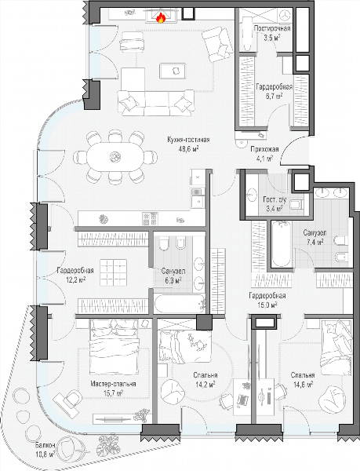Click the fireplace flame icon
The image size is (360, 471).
pos(161,18)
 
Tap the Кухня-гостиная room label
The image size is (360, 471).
pos(188,140)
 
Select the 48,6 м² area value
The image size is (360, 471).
pos(188,148)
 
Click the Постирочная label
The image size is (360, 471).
pos(272,28)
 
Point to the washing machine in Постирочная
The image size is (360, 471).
pos(285,14)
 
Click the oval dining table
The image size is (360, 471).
pos(115,157)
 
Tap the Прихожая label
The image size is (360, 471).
pos(264,149)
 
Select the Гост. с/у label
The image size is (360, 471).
pos(275,199)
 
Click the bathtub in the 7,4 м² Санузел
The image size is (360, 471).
pos(281,243)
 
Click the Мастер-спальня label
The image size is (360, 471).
pos(114,384)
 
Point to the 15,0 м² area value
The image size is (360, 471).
pos(267,305)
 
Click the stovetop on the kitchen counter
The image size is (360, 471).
pos(150,218)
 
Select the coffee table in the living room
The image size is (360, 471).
pos(173,71)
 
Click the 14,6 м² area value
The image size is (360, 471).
pos(303,384)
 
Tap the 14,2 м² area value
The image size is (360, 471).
pos(205,384)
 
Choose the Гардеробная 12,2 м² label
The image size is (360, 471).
pos(75,276)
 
